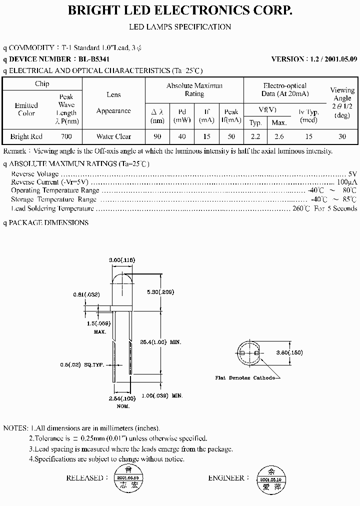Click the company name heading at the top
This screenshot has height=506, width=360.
(x=180, y=10)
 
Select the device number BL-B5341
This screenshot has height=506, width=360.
(x=98, y=59)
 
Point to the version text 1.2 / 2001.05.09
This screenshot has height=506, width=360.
(x=314, y=59)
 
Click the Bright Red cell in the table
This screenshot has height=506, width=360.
(x=26, y=136)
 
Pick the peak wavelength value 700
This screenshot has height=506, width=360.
(x=66, y=136)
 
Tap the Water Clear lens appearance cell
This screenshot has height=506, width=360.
(x=113, y=136)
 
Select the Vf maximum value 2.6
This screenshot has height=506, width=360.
(x=278, y=136)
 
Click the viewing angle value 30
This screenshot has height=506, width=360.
(x=342, y=136)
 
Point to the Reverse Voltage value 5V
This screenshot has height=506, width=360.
(x=352, y=174)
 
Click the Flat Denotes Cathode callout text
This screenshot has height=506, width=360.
(x=244, y=378)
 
